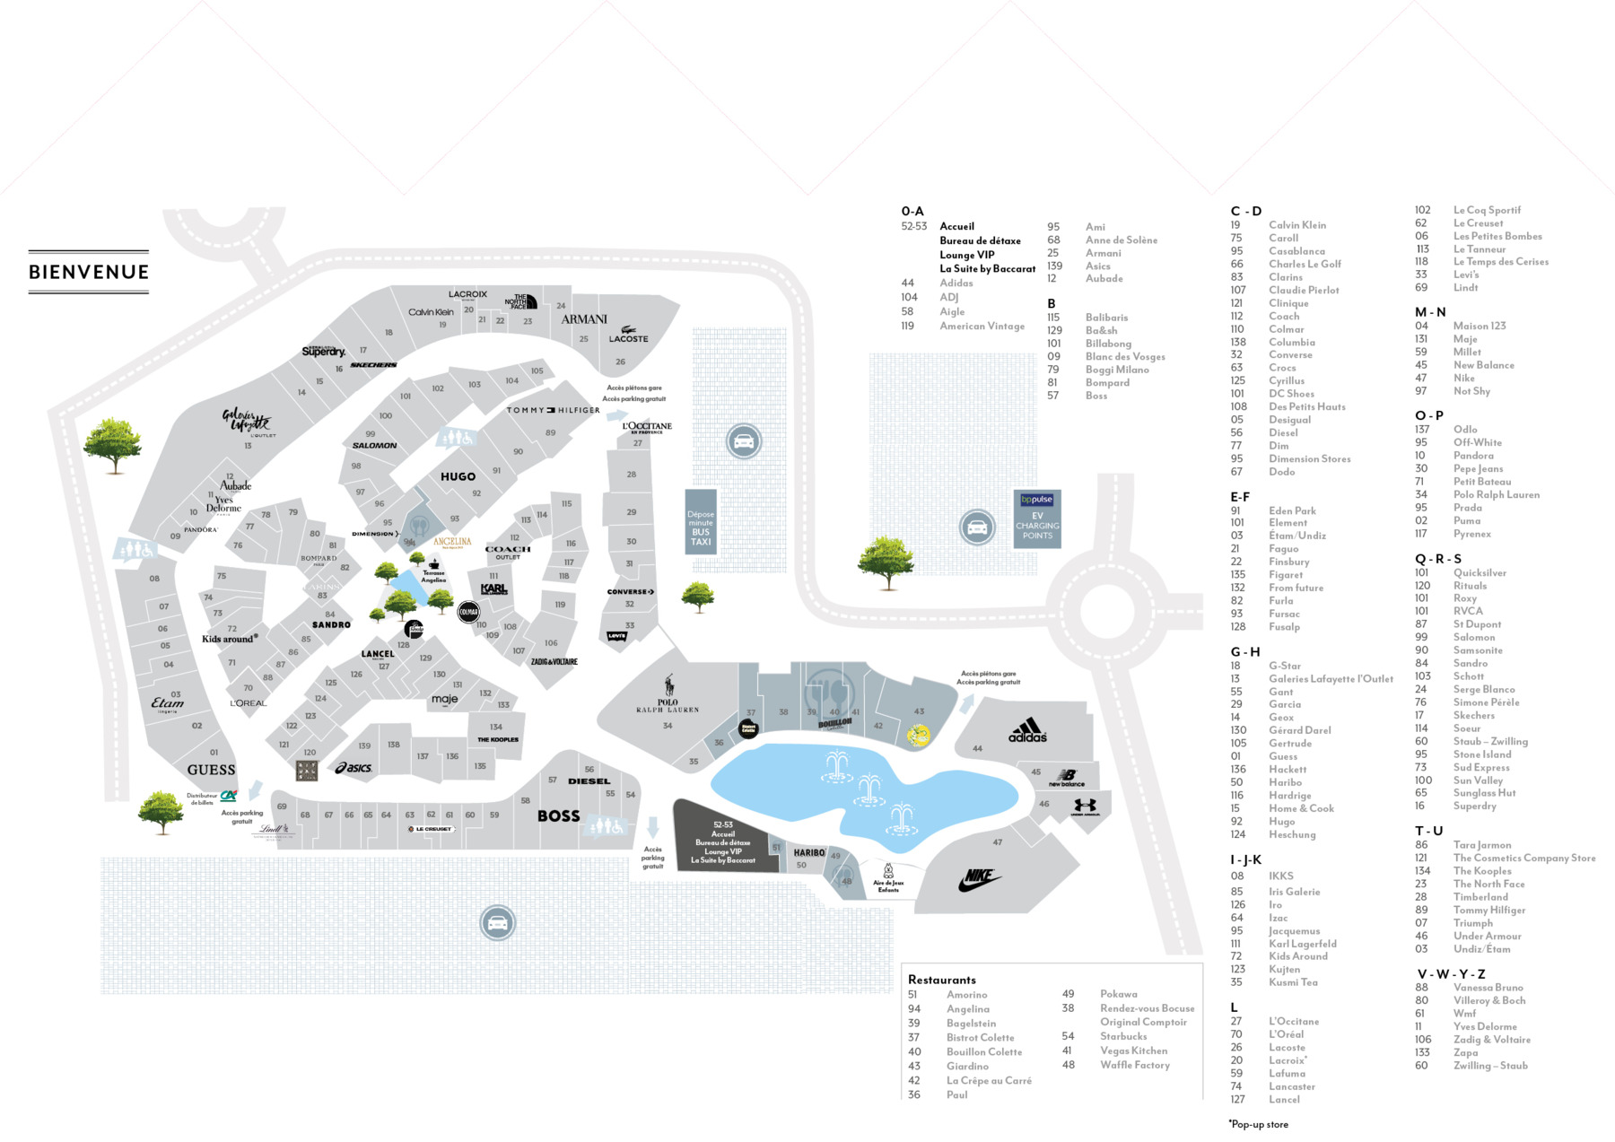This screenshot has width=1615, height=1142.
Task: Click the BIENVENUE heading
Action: coord(89,272)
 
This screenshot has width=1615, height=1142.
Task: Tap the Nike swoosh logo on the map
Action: coord(979,880)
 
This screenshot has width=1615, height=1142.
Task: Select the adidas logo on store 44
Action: coord(1027,730)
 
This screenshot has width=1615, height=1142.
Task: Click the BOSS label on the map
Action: coord(558,815)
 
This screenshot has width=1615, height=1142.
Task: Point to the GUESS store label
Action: coord(211,770)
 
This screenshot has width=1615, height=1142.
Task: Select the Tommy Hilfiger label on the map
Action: coord(553,410)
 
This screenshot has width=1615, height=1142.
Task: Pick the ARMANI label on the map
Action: coord(584,318)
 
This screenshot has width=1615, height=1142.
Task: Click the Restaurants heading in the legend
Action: coord(941,980)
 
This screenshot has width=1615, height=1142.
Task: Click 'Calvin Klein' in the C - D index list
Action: coord(1296,225)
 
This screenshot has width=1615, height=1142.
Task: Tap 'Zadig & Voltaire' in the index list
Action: coord(1491,1040)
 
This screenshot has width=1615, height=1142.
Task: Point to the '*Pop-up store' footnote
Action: coord(1258,1124)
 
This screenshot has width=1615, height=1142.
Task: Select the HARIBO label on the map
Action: coord(808,853)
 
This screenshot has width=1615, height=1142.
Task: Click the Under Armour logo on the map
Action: coord(1085,807)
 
